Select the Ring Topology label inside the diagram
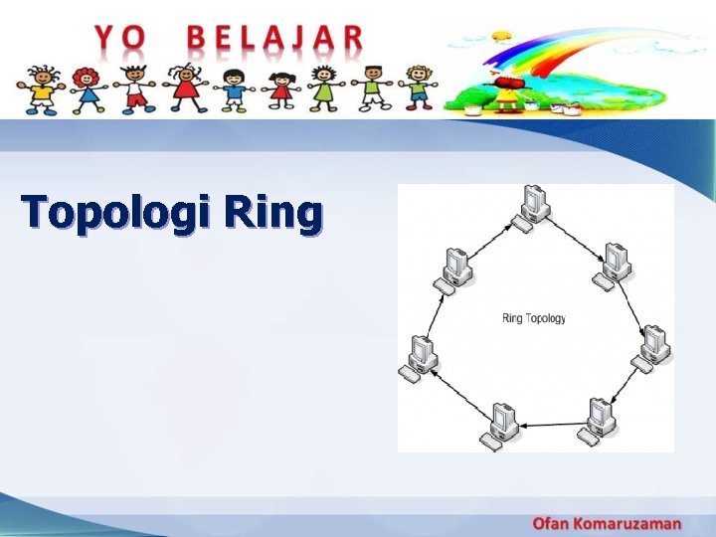point(534,318)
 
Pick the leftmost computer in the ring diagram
point(420,358)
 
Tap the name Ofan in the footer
point(553,523)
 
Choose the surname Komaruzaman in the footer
point(630,523)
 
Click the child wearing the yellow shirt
point(42,89)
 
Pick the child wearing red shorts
point(135,88)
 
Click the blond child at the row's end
point(420,88)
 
